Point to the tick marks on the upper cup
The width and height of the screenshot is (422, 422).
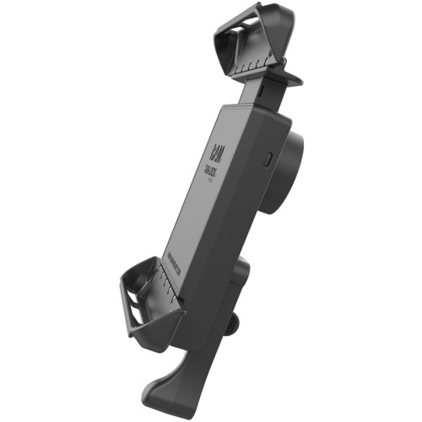pos(257,63)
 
